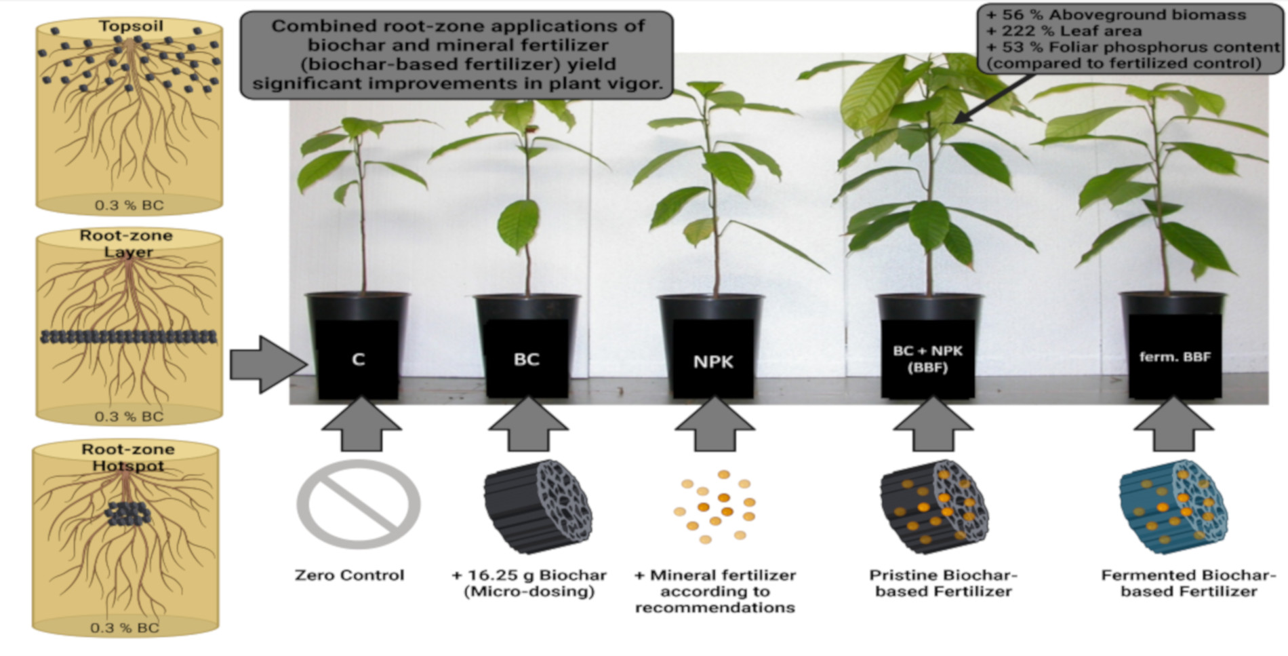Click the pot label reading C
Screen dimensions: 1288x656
(358, 359)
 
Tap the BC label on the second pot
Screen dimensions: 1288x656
(526, 359)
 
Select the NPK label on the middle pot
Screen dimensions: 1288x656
(712, 362)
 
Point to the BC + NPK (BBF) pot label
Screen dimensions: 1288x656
(927, 359)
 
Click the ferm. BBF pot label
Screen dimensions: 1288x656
(1174, 357)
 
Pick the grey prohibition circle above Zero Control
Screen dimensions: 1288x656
(358, 503)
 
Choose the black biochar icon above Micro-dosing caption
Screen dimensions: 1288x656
(537, 505)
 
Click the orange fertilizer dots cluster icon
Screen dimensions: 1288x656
(715, 505)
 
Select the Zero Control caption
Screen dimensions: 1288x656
(349, 575)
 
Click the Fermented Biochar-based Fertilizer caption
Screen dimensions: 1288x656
(1188, 583)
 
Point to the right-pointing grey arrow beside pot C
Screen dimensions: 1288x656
(266, 364)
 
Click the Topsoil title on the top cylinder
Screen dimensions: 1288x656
(131, 26)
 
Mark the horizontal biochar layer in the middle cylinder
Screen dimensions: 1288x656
(129, 336)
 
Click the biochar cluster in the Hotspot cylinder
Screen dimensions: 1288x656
(127, 514)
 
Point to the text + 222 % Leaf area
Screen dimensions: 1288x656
(1063, 31)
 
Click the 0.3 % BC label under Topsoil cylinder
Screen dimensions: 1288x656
(129, 205)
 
